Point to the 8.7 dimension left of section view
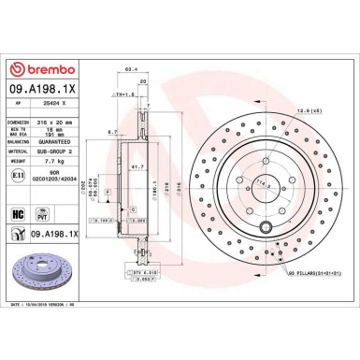pyautogui.click(x=111, y=132)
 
